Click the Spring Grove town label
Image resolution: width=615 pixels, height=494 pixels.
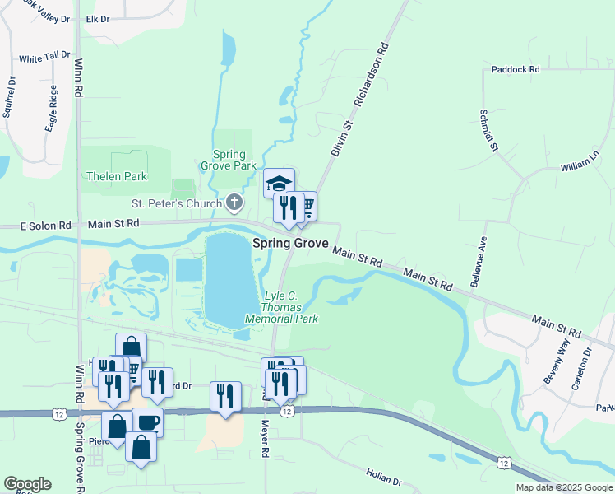(x=290, y=244)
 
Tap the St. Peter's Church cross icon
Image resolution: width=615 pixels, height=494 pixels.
(x=234, y=203)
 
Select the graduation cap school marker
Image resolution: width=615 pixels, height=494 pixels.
(x=279, y=182)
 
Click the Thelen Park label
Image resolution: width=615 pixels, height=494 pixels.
(x=117, y=176)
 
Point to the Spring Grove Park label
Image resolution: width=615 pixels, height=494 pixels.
(x=229, y=160)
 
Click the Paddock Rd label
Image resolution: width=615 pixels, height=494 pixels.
(x=516, y=70)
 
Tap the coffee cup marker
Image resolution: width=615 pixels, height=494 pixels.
(x=147, y=422)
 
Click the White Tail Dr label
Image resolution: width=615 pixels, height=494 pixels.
(x=42, y=59)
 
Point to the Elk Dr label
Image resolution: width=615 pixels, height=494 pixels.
(x=97, y=18)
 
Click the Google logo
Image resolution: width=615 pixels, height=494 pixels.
(x=27, y=484)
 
